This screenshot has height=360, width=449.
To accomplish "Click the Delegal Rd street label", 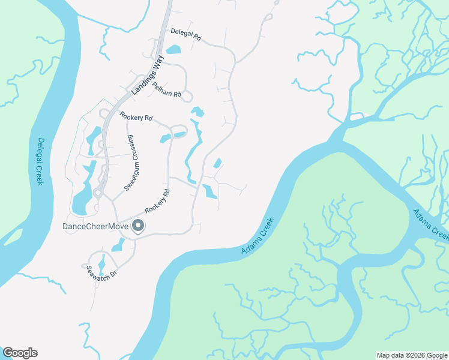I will coord(185,34).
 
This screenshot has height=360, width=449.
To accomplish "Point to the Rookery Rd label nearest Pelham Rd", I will coord(136,117).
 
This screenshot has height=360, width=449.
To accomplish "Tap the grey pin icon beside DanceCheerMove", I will coord(138,226).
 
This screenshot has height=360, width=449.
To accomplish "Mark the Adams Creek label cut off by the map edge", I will coord(430,224).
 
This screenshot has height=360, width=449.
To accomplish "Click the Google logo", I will coord(20,353).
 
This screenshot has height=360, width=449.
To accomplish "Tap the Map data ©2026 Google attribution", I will coord(412,355).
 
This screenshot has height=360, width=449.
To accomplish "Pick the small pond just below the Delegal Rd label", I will coord(173,49).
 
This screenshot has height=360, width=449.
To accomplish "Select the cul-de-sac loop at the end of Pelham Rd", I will coord(187,96).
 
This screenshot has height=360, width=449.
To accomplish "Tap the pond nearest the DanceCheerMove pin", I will coord(118,244).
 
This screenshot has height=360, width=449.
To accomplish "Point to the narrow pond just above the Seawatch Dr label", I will coord(101,262).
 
